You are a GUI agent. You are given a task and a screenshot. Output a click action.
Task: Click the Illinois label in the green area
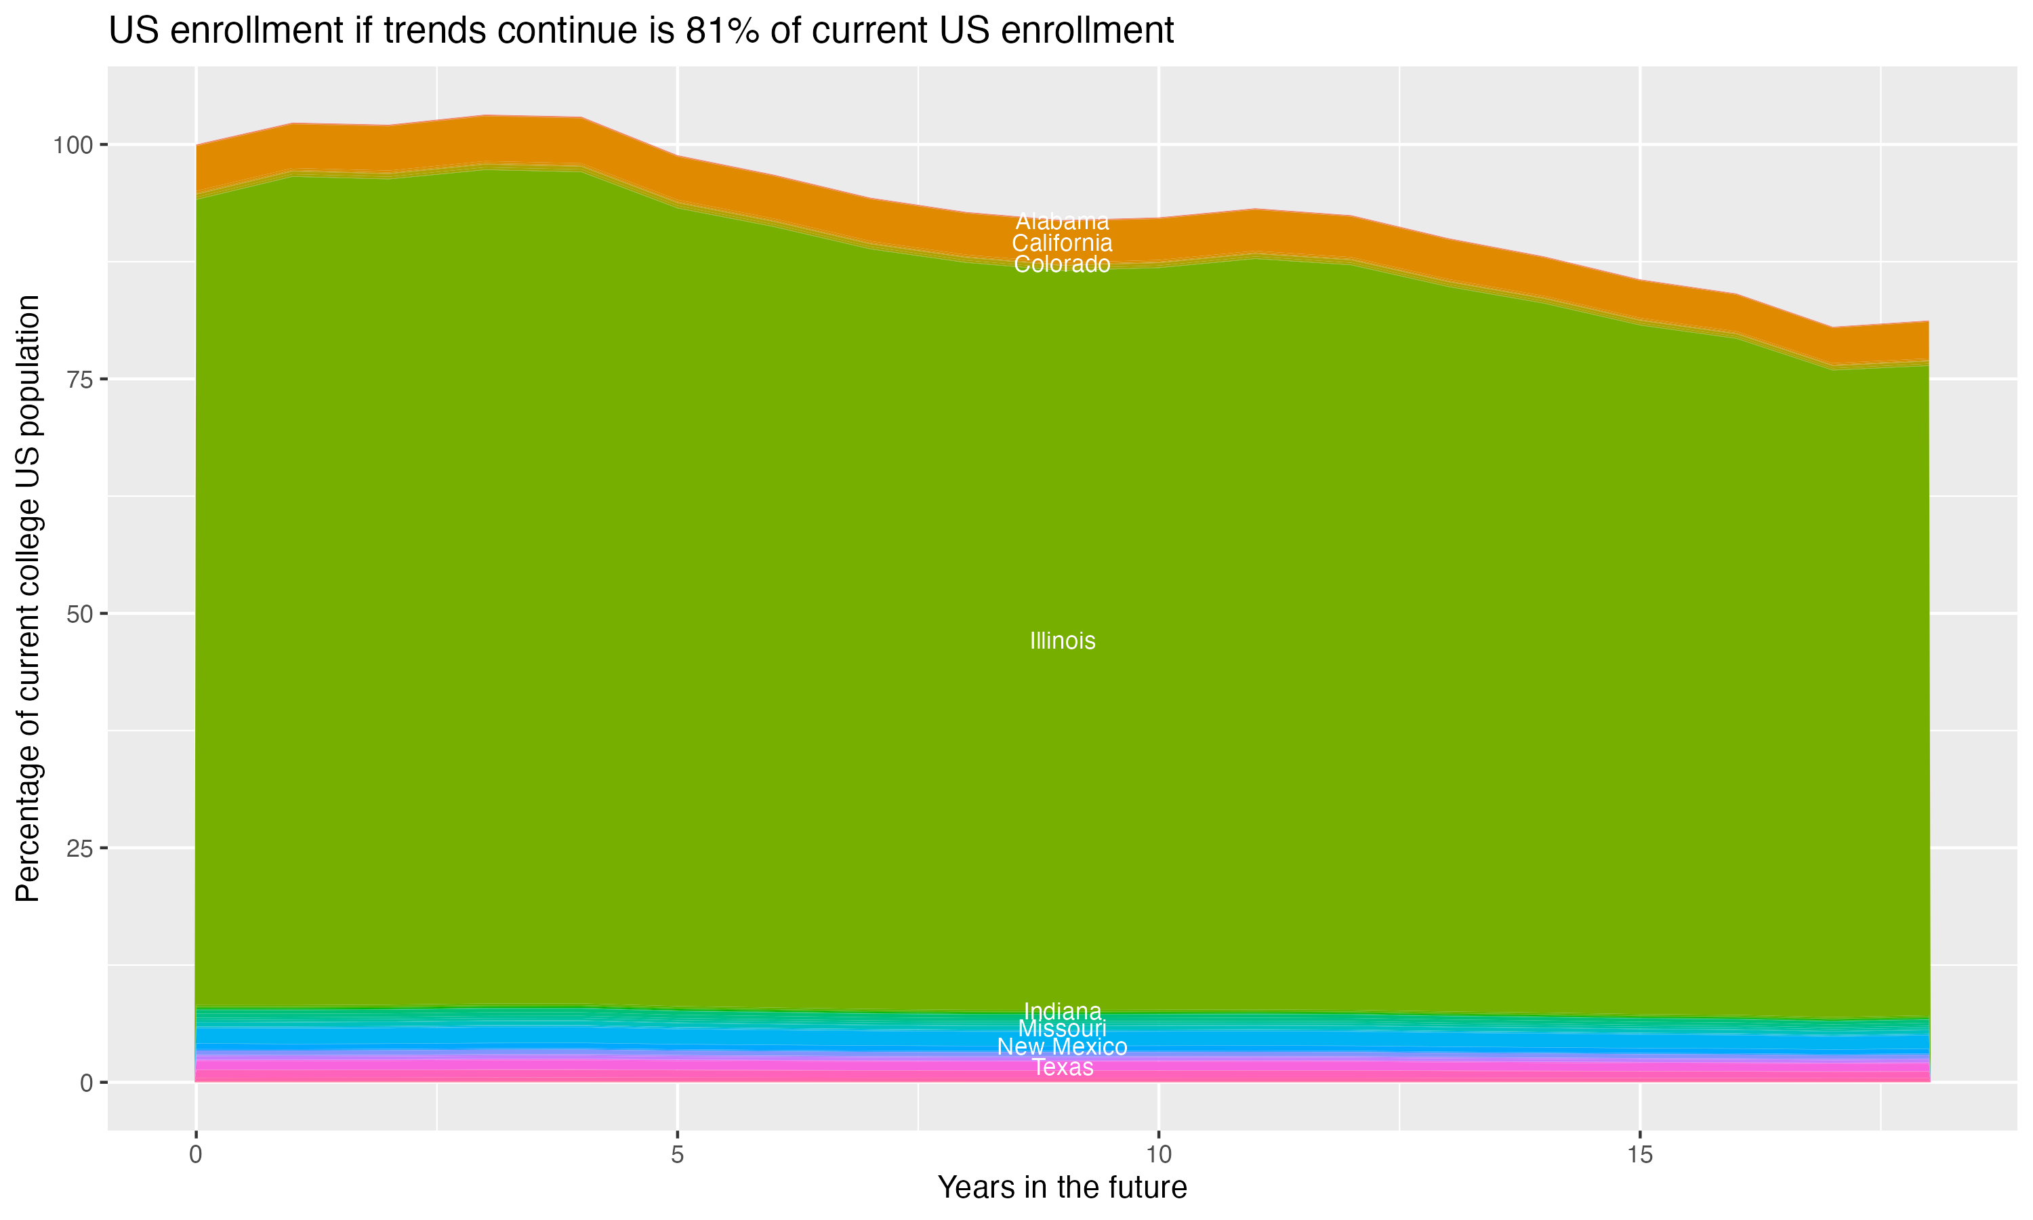click(x=1062, y=641)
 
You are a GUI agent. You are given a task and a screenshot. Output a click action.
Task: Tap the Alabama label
click(x=1062, y=222)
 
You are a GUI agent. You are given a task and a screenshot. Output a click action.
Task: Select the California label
click(x=1062, y=243)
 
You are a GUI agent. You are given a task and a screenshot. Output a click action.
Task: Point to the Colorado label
click(x=1062, y=265)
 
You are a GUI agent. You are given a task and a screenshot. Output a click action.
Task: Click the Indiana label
click(x=1062, y=1011)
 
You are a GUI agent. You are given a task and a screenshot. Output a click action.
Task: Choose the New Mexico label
click(x=1062, y=1047)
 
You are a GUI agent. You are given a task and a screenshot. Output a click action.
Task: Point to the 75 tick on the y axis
click(x=77, y=379)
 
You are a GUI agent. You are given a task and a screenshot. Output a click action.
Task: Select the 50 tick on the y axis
click(x=77, y=613)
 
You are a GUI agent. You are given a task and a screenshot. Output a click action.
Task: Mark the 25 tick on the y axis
click(x=77, y=848)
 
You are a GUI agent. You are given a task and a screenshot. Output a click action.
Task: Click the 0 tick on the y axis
click(x=85, y=1082)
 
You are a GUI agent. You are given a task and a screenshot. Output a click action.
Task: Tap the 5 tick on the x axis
click(x=677, y=1155)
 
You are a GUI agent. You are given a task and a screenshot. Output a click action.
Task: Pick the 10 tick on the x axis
click(x=1158, y=1155)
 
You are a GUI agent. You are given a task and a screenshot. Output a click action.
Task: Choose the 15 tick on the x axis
click(x=1639, y=1155)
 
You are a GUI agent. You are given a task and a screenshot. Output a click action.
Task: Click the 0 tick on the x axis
click(x=196, y=1155)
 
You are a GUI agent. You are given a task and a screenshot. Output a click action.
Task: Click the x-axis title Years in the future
click(x=1062, y=1188)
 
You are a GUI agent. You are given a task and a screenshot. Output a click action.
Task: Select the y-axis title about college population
click(x=28, y=598)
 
